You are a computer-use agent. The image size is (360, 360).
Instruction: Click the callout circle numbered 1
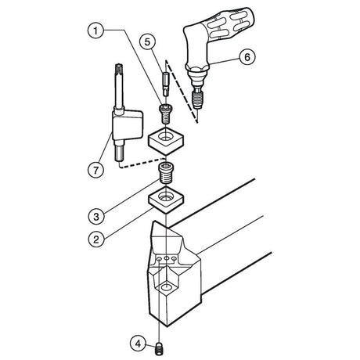95,31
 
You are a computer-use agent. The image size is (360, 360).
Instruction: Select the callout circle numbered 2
96,239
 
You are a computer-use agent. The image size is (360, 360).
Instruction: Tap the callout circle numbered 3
96,216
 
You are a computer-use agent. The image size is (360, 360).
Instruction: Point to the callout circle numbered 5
148,41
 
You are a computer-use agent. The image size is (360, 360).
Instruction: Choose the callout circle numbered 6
247,57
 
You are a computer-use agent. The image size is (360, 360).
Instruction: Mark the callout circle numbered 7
95,171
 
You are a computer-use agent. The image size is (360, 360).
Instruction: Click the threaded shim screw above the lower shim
165,173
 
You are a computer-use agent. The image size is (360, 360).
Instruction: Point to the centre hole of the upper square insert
166,137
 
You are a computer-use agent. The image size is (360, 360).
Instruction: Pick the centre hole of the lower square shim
166,196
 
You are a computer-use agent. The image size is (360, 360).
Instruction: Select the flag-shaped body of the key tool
128,125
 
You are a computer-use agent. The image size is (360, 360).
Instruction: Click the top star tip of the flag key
120,68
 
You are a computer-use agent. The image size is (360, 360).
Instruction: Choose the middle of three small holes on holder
166,258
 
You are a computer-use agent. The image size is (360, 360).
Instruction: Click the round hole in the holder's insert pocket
166,287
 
